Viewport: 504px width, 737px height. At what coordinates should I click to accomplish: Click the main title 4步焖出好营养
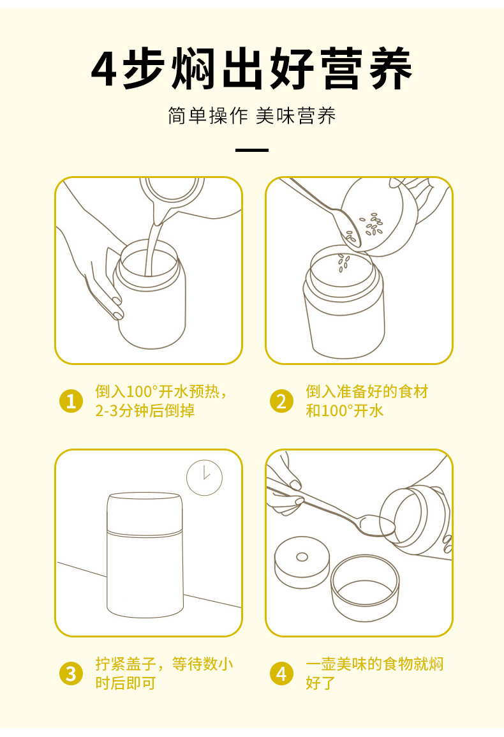pyautogui.click(x=251, y=69)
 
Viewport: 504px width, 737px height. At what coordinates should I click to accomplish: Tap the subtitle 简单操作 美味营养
pyautogui.click(x=251, y=115)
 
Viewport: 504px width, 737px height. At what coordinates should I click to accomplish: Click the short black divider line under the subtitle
pyautogui.click(x=252, y=150)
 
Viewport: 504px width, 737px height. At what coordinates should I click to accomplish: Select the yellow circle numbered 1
pyautogui.click(x=71, y=401)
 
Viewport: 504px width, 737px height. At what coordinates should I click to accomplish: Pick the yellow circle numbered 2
pyautogui.click(x=281, y=401)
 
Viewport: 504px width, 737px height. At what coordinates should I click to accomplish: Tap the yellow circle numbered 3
pyautogui.click(x=71, y=674)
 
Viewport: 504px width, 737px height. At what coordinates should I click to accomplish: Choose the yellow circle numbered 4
pyautogui.click(x=281, y=674)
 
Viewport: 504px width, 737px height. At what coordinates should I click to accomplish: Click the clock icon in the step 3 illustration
pyautogui.click(x=205, y=477)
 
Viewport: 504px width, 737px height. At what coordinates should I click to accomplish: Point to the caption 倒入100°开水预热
pyautogui.click(x=158, y=391)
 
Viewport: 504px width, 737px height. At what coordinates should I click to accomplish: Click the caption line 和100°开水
pyautogui.click(x=345, y=411)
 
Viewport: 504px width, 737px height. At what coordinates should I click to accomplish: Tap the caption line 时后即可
pyautogui.click(x=126, y=683)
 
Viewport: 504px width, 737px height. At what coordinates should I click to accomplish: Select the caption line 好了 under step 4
pyautogui.click(x=321, y=683)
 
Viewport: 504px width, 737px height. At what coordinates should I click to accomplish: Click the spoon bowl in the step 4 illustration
pyautogui.click(x=376, y=526)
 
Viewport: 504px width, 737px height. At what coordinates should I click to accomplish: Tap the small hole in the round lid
pyautogui.click(x=302, y=558)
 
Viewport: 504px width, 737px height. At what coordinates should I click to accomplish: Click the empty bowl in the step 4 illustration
pyautogui.click(x=365, y=588)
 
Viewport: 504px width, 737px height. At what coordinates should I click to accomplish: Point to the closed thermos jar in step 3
pyautogui.click(x=144, y=555)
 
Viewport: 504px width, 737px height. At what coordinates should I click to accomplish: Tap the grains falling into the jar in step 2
pyautogui.click(x=344, y=263)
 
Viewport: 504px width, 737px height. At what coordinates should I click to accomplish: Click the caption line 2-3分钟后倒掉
pyautogui.click(x=145, y=411)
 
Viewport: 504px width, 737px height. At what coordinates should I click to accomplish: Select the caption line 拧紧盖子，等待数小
pyautogui.click(x=164, y=664)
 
